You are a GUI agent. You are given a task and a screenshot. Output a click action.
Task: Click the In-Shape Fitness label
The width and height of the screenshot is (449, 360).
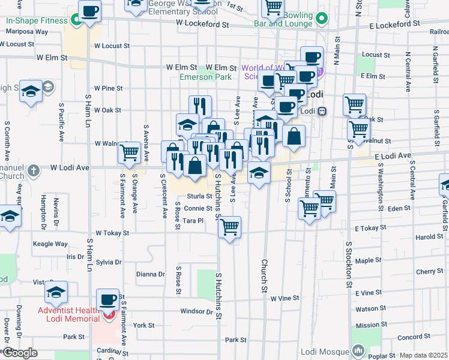[x=36, y=20]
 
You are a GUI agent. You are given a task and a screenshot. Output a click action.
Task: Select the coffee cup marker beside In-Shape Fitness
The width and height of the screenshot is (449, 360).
[x=89, y=11]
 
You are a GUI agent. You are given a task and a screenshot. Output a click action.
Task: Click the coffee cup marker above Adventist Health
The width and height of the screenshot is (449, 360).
[x=108, y=299]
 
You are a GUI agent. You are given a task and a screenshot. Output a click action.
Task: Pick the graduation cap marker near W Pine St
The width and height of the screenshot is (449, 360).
[x=31, y=91]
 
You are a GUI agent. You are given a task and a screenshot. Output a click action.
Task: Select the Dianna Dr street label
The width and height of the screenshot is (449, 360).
[x=150, y=274]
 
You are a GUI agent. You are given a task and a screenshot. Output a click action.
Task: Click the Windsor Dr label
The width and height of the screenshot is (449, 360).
[x=197, y=311]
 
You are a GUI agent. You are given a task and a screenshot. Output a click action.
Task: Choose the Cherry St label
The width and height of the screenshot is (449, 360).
[x=429, y=271]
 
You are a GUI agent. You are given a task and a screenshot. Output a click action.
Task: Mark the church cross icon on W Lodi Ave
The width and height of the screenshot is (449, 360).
[x=34, y=170]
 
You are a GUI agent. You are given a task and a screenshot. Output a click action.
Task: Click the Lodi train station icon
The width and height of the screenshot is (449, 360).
[x=322, y=111]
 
